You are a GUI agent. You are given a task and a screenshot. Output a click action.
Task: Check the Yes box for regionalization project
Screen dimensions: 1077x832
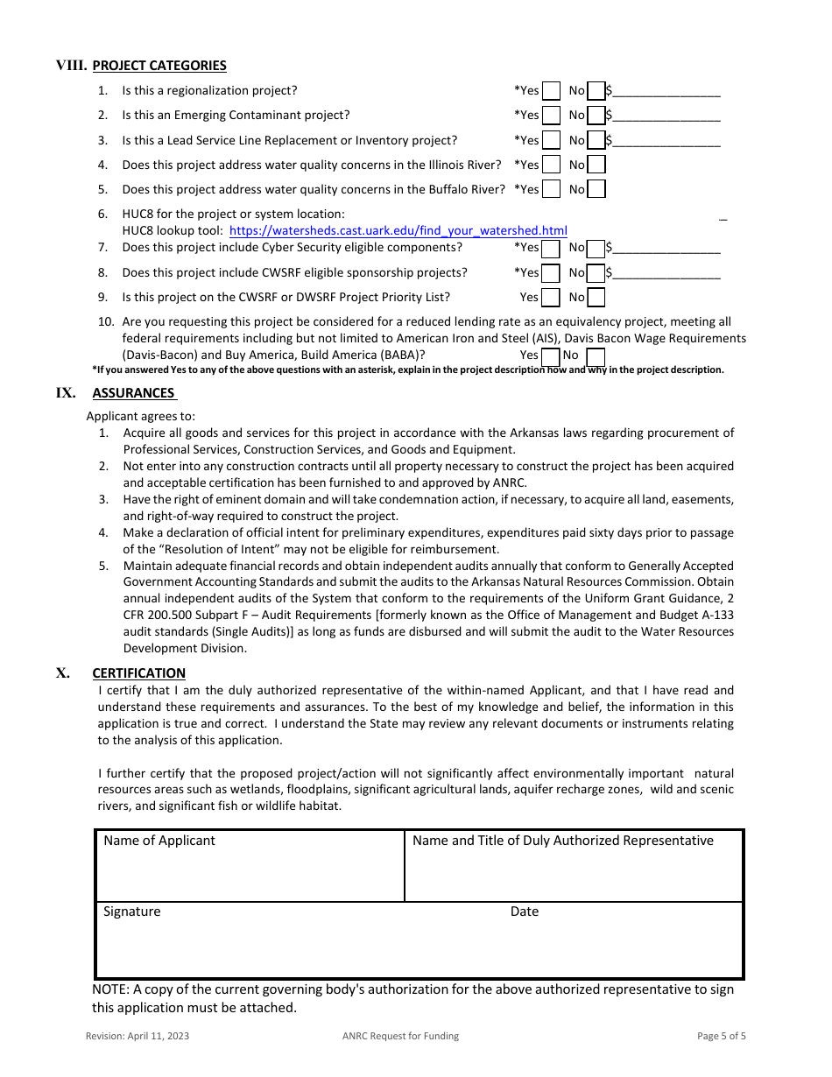pyautogui.click(x=551, y=91)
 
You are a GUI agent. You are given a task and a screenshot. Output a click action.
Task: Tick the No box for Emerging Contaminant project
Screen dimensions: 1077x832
pyautogui.click(x=596, y=116)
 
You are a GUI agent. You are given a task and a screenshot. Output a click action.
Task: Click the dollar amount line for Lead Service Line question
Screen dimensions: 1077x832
pyautogui.click(x=666, y=141)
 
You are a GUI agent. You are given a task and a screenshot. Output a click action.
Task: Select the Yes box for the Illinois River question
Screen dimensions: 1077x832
pyautogui.click(x=551, y=165)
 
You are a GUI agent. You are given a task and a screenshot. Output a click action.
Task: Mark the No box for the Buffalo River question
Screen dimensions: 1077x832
pyautogui.click(x=596, y=189)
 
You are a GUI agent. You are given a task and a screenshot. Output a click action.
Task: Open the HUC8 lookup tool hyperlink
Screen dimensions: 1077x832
pyautogui.click(x=398, y=231)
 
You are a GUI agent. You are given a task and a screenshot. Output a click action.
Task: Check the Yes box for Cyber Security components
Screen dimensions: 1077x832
pyautogui.click(x=551, y=249)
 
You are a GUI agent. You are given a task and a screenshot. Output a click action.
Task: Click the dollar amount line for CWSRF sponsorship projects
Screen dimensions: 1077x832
pyautogui.click(x=666, y=273)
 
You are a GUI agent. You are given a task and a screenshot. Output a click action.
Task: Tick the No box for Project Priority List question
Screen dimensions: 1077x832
pyautogui.click(x=596, y=298)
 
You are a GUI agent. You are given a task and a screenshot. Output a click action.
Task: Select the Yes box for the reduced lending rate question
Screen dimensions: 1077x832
pyautogui.click(x=551, y=356)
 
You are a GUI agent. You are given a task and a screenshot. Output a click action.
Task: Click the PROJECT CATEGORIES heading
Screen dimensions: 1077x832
pyautogui.click(x=159, y=66)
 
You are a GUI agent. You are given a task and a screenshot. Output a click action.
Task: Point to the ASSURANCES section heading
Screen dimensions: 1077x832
pyautogui.click(x=134, y=393)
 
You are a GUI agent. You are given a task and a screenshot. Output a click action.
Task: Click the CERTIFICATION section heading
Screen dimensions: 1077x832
pyautogui.click(x=138, y=673)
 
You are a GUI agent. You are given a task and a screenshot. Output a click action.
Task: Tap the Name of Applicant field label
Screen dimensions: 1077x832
pyautogui.click(x=159, y=841)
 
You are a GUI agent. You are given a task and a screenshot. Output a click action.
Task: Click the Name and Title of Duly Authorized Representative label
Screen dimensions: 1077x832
pyautogui.click(x=562, y=841)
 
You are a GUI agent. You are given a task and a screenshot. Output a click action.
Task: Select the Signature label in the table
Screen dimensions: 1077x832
pyautogui.click(x=132, y=912)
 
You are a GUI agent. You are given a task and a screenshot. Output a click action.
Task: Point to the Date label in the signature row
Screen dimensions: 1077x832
pyautogui.click(x=525, y=912)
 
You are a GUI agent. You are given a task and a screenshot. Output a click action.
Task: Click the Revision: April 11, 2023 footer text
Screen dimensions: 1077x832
pyautogui.click(x=137, y=1037)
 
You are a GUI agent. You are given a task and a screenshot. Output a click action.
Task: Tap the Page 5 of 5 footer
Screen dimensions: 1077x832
pyautogui.click(x=722, y=1037)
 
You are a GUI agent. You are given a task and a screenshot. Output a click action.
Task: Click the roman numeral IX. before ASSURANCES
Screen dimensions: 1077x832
pyautogui.click(x=66, y=393)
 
